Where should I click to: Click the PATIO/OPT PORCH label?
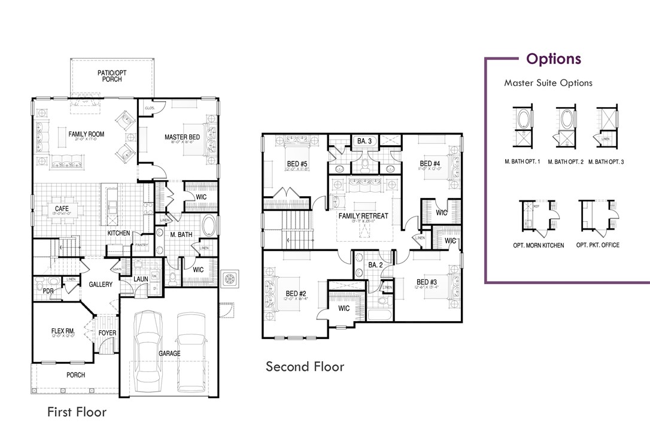[x=112, y=76]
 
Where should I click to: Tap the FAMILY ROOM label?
[x=86, y=135]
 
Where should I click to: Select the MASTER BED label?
[x=183, y=138]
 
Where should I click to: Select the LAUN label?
[x=141, y=278]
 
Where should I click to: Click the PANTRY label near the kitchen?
[x=142, y=245]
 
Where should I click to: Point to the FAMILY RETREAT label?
[x=363, y=215]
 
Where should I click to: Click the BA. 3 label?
[x=365, y=141]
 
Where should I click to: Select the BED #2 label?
[x=296, y=293]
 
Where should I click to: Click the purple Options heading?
[x=553, y=59]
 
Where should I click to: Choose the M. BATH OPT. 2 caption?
[x=566, y=162]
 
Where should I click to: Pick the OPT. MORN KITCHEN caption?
[x=538, y=245]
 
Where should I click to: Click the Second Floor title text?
[x=305, y=366]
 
